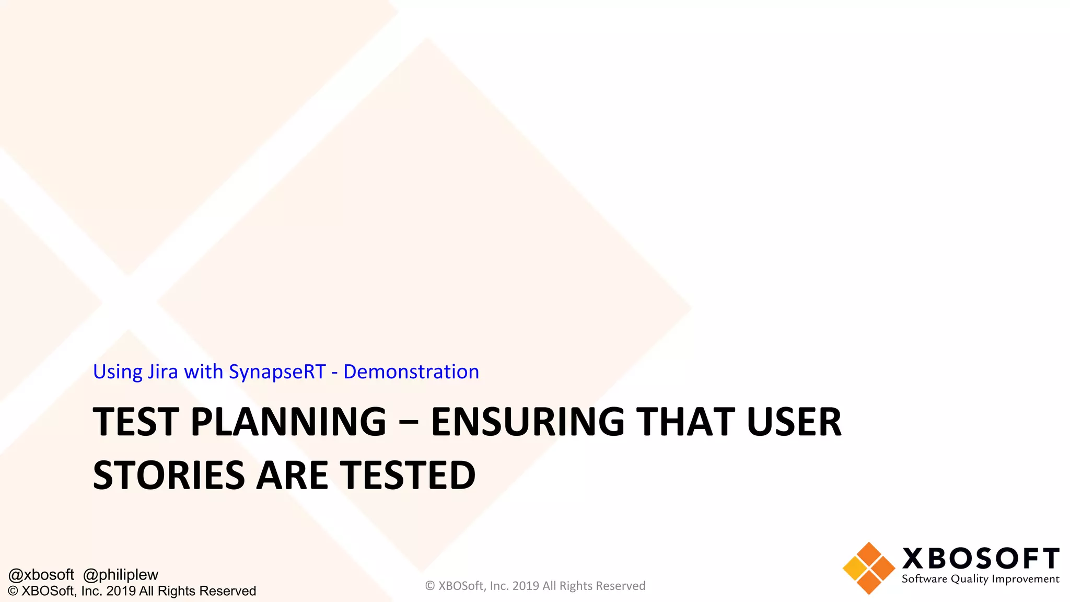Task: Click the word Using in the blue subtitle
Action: [118, 372]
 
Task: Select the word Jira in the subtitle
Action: [162, 372]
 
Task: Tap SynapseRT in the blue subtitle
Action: [277, 372]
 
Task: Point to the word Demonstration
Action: [411, 372]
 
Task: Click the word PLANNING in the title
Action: [288, 422]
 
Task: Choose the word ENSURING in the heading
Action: [528, 422]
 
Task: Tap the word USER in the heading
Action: [794, 422]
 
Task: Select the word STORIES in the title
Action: [169, 475]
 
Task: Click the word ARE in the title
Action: [293, 475]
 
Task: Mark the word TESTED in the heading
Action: [408, 475]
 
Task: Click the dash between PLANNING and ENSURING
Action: [408, 423]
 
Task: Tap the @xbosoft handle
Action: [41, 575]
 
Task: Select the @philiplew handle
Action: [121, 575]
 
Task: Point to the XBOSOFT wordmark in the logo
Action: [981, 558]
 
